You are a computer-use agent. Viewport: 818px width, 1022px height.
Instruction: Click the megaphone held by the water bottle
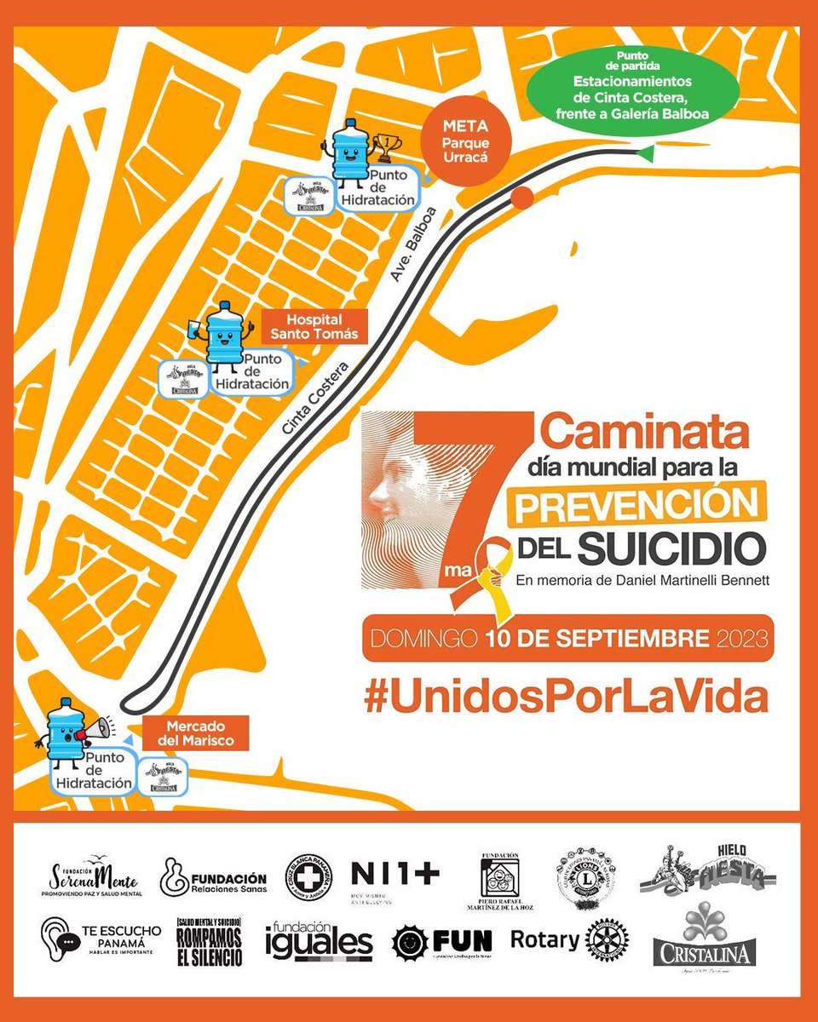point(94,729)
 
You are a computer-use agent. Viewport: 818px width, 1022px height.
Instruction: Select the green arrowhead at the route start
point(645,153)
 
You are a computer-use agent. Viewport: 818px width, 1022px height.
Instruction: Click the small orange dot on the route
point(522,197)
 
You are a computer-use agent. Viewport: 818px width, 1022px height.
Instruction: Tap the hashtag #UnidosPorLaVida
point(566,697)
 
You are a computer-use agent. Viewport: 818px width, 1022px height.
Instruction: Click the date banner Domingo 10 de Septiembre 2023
point(567,637)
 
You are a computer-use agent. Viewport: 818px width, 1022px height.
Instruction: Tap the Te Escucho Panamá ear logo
point(59,939)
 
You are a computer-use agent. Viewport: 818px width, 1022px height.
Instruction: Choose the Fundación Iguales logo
point(319,941)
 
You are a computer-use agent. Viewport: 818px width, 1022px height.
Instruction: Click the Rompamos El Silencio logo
point(209,941)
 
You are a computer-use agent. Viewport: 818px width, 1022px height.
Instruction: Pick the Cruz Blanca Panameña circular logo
point(309,878)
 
